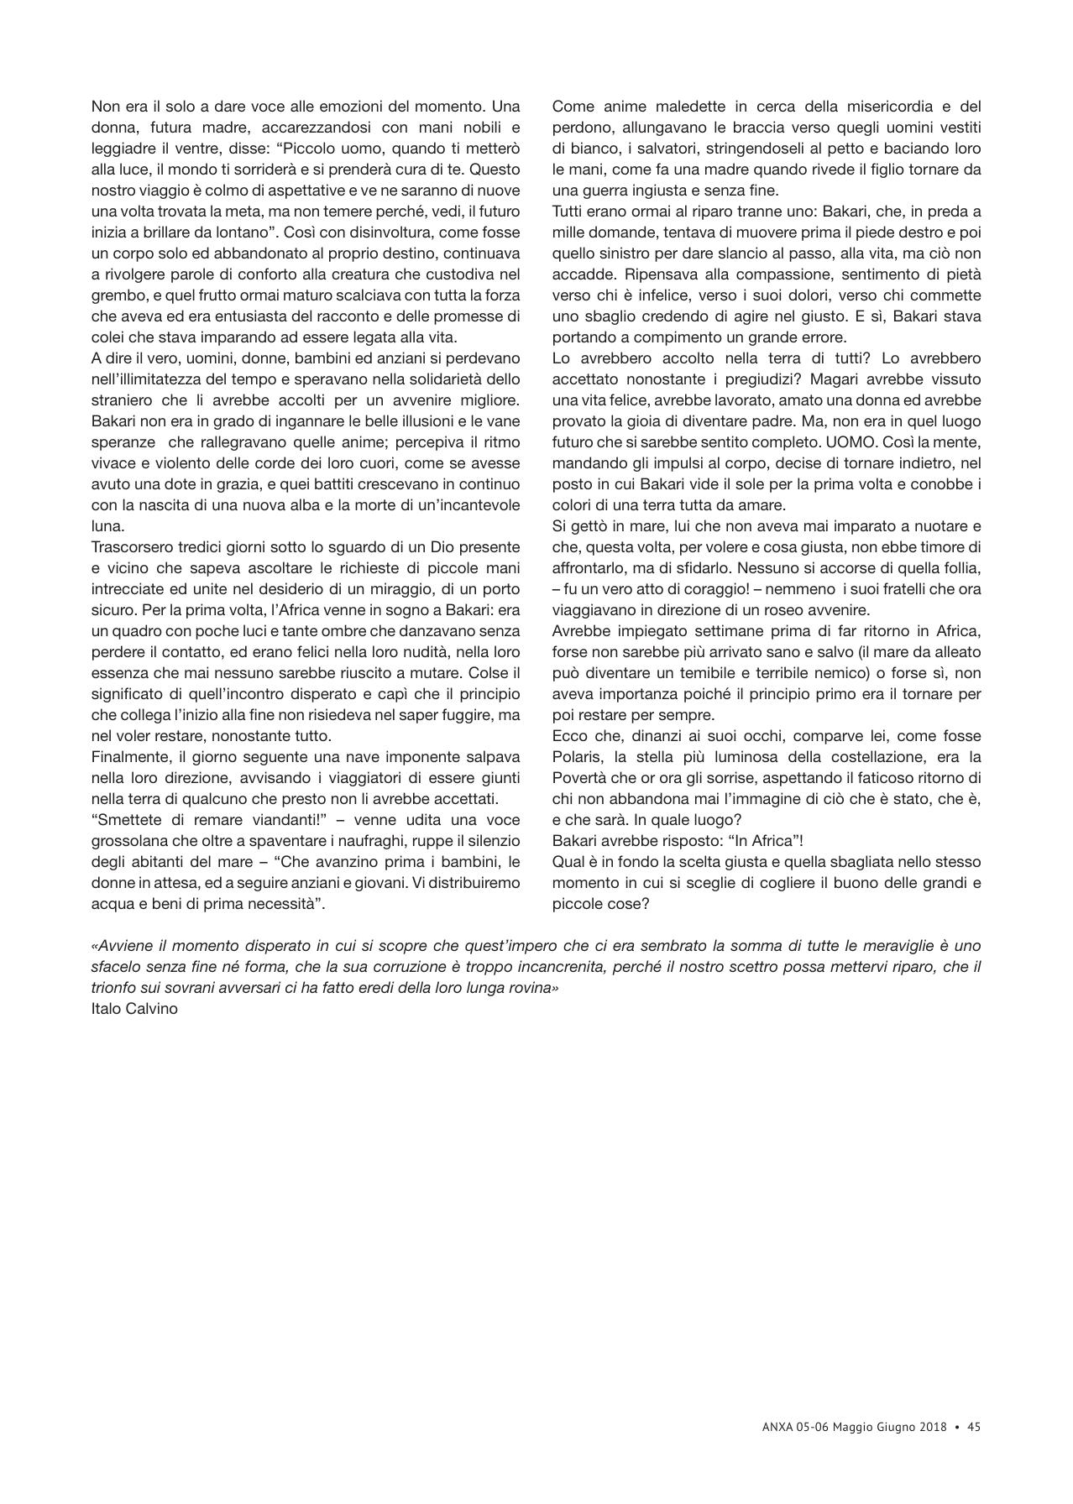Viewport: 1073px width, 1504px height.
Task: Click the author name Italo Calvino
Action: pos(134,1009)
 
